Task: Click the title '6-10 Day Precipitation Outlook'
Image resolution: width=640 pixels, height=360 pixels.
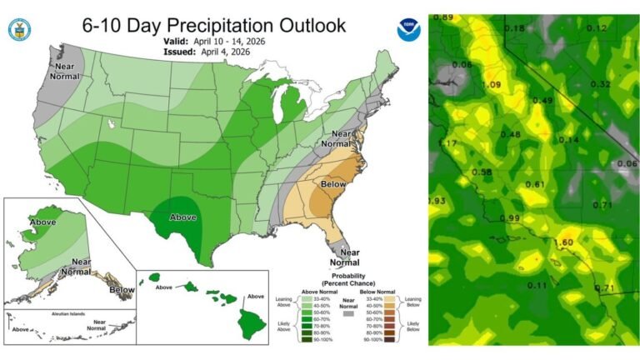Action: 213,25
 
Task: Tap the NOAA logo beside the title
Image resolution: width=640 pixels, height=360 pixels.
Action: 408,31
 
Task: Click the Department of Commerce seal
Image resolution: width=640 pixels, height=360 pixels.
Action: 19,31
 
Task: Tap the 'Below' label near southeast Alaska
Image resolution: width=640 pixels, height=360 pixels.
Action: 122,290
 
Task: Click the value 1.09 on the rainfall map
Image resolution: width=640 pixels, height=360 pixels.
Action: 491,85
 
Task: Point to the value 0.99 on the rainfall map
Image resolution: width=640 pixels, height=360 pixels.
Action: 509,217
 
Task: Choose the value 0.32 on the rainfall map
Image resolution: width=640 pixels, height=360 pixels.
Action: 600,84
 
